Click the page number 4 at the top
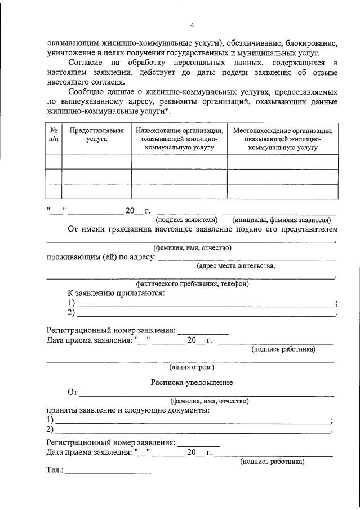pyautogui.click(x=192, y=25)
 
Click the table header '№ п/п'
pyautogui.click(x=53, y=134)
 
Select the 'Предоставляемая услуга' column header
pyautogui.click(x=96, y=134)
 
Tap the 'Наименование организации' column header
pyautogui.click(x=179, y=139)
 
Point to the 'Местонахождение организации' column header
pyautogui.click(x=282, y=139)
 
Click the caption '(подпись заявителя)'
pyautogui.click(x=186, y=220)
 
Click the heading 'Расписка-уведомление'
pyautogui.click(x=192, y=382)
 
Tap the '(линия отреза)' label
pyautogui.click(x=192, y=367)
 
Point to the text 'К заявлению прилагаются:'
pyautogui.click(x=116, y=294)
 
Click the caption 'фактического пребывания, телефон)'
pyautogui.click(x=192, y=284)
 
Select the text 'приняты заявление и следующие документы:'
pyautogui.click(x=127, y=410)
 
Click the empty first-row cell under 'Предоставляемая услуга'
pyautogui.click(x=96, y=162)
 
